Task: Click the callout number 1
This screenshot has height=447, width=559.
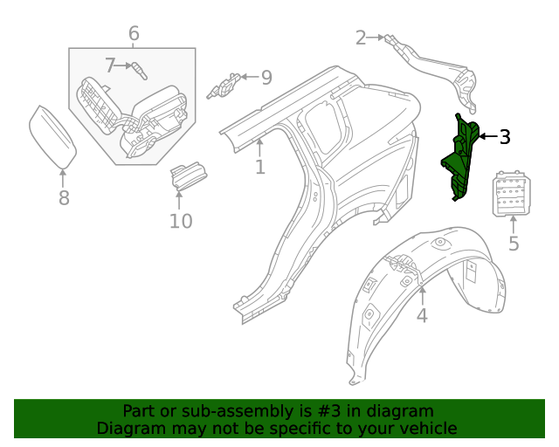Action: pyautogui.click(x=259, y=167)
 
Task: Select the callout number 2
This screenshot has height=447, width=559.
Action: pyautogui.click(x=361, y=38)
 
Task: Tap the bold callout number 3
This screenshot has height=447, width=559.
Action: pyautogui.click(x=505, y=136)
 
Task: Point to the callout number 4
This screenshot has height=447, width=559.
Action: pyautogui.click(x=422, y=315)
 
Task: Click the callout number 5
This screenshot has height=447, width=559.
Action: pyautogui.click(x=514, y=244)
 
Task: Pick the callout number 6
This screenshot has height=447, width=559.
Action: pyautogui.click(x=134, y=34)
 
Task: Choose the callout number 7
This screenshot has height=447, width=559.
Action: pyautogui.click(x=111, y=65)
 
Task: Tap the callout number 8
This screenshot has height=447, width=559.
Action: pyautogui.click(x=64, y=198)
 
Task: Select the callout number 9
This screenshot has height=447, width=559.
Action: pyautogui.click(x=266, y=77)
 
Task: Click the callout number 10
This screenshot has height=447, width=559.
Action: pyautogui.click(x=180, y=221)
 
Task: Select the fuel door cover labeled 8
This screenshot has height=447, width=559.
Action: pyautogui.click(x=52, y=136)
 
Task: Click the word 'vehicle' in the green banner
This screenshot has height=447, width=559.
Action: pyautogui.click(x=427, y=429)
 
